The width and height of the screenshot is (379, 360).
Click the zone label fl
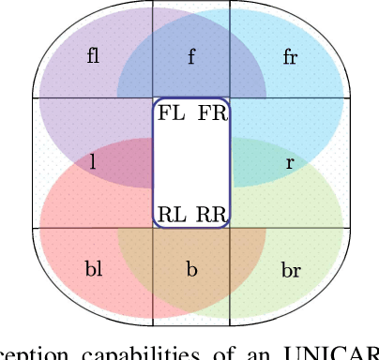point(93,55)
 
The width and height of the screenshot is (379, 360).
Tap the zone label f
point(191,55)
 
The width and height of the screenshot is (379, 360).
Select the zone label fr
point(290,55)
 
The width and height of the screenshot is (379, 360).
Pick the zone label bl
point(93,270)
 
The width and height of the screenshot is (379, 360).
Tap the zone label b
point(191,270)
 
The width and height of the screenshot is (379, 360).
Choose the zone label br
point(290,270)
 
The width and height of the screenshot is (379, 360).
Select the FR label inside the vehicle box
point(211,113)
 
